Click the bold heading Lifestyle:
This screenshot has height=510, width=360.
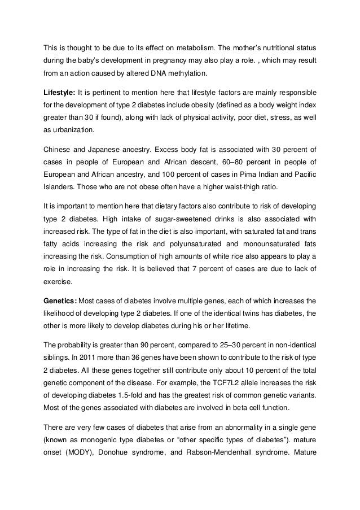coord(59,91)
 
